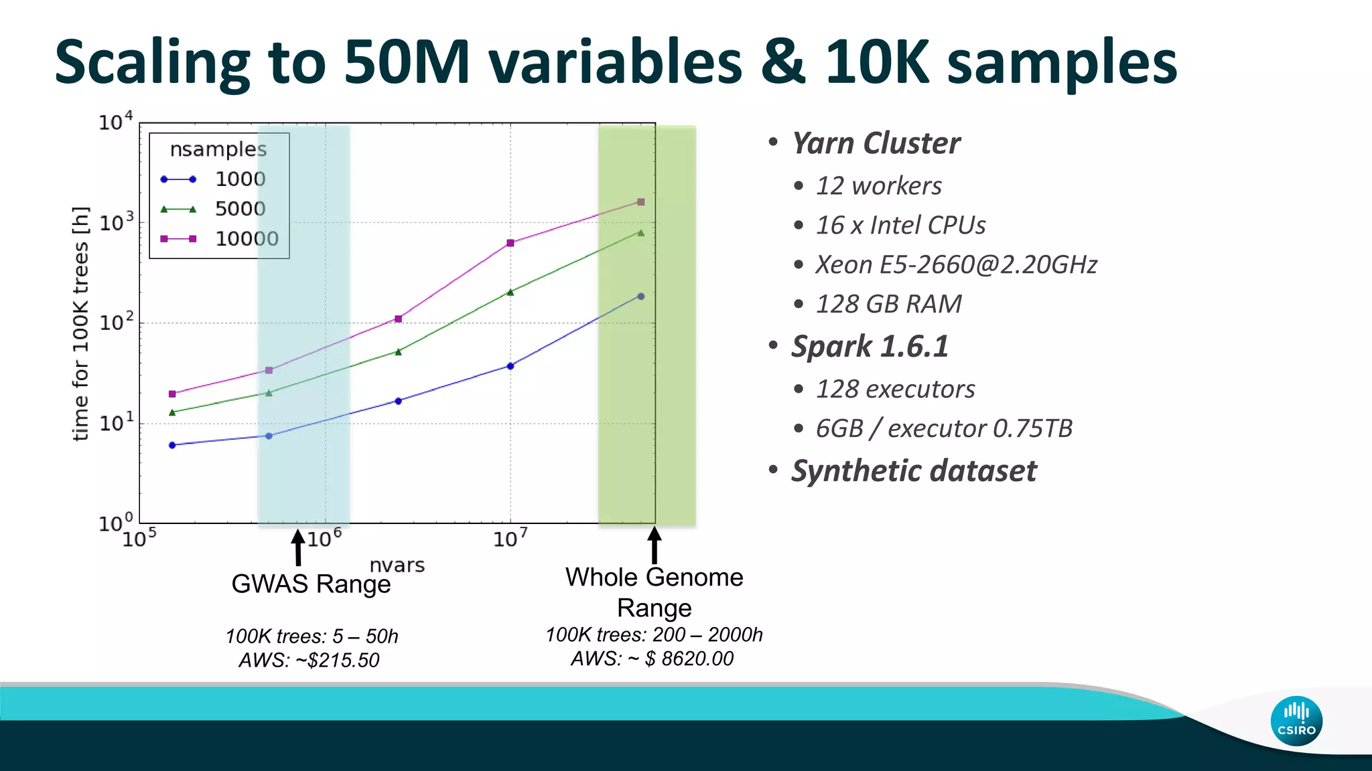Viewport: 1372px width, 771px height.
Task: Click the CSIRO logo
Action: coord(1296,721)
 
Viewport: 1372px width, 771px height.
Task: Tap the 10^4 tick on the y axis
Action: coord(116,122)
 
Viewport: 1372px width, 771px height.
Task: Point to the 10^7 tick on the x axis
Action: coord(510,538)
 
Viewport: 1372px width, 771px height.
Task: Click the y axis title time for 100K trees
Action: coord(80,324)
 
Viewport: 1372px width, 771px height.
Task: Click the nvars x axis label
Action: coord(397,566)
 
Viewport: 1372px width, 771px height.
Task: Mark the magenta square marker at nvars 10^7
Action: coord(510,243)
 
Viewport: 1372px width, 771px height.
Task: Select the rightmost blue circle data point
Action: coord(641,296)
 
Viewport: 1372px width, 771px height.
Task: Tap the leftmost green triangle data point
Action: coord(172,412)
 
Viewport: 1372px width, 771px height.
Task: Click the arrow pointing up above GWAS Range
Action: coord(298,547)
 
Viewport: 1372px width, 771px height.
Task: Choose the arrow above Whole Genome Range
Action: coord(655,545)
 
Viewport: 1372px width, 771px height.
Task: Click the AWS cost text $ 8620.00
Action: coord(689,659)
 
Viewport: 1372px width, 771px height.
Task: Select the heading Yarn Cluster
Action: coord(876,143)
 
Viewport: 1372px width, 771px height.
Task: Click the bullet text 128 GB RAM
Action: coord(888,304)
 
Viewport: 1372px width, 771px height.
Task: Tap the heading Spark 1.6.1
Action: coord(870,347)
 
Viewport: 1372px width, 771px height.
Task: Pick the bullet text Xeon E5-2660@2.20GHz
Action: coord(956,264)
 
